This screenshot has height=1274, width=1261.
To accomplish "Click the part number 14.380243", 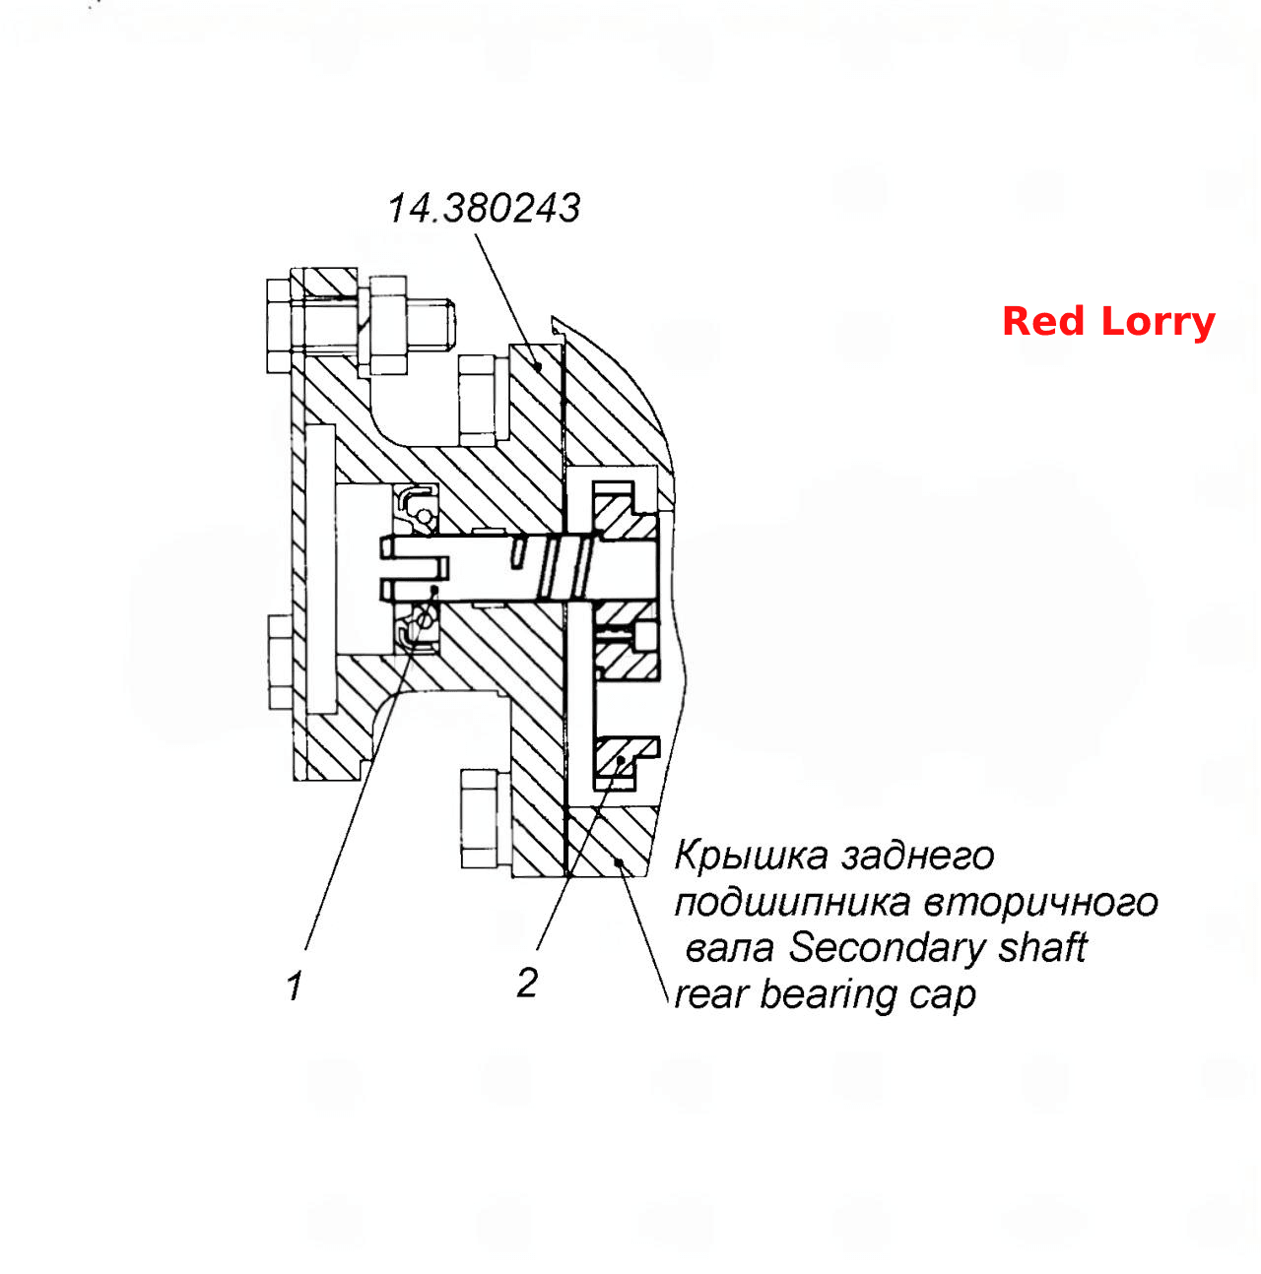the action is click(x=484, y=209).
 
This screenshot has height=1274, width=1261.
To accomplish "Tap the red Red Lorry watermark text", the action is click(x=1108, y=322).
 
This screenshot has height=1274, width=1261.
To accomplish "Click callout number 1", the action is click(x=295, y=986).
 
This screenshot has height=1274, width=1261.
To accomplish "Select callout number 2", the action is click(x=527, y=983).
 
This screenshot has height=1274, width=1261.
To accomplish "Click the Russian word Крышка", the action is click(x=751, y=856).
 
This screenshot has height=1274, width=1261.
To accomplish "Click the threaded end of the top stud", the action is click(x=431, y=325).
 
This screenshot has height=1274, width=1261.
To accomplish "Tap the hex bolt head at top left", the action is click(x=279, y=326).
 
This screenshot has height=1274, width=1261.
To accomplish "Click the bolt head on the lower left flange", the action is click(x=281, y=662).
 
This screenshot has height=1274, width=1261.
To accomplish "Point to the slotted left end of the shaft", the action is click(x=414, y=568).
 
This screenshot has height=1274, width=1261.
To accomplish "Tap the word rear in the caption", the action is click(x=712, y=996).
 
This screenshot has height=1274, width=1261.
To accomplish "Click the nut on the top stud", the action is click(x=388, y=325).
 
